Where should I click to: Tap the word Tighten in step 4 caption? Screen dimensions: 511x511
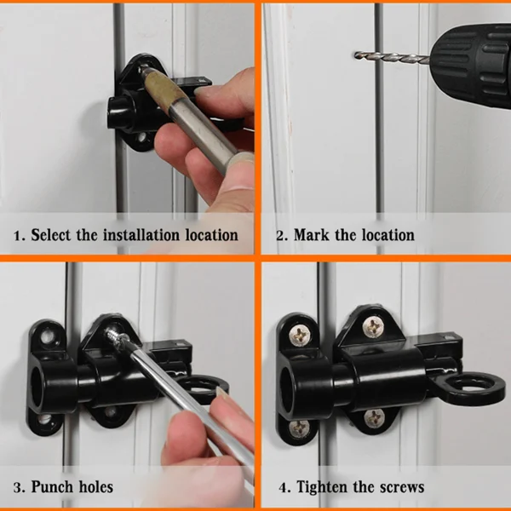[x=327, y=487]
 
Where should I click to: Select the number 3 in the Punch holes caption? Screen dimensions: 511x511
[x=18, y=487]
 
